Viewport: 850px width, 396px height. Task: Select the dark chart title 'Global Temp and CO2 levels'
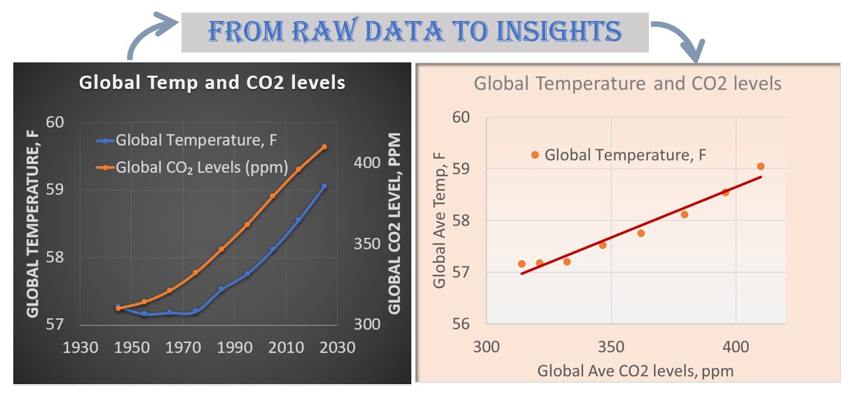[x=212, y=83]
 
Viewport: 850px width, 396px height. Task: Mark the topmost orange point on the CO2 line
[x=324, y=147]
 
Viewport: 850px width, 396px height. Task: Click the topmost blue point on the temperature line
[x=324, y=186]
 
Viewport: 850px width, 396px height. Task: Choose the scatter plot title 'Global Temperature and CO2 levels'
[x=627, y=84]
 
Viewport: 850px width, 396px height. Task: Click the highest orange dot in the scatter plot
[x=760, y=166]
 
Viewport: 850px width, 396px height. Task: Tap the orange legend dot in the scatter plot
[x=535, y=154]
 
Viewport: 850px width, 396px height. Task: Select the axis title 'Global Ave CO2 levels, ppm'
[x=635, y=371]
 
